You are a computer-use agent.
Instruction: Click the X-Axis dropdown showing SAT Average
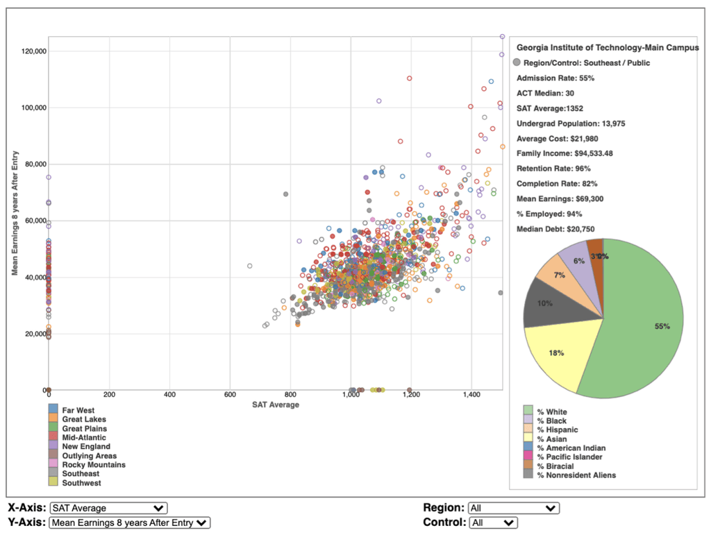pyautogui.click(x=109, y=508)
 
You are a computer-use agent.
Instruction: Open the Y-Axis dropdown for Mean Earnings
pyautogui.click(x=130, y=523)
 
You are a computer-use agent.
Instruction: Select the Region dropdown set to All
pyautogui.click(x=515, y=508)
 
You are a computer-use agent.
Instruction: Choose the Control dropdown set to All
pyautogui.click(x=494, y=523)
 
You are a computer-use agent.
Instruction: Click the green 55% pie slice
pyautogui.click(x=644, y=326)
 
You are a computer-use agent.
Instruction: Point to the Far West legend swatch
pyautogui.click(x=53, y=409)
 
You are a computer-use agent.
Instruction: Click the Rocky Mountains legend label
pyautogui.click(x=94, y=465)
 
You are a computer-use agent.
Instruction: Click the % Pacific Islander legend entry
pyautogui.click(x=569, y=457)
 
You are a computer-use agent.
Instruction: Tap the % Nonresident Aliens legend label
pyautogui.click(x=576, y=475)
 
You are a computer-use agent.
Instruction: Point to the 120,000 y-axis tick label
pyautogui.click(x=34, y=51)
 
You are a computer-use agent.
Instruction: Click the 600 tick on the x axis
pyautogui.click(x=230, y=395)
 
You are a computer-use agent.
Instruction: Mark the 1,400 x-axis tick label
pyautogui.click(x=471, y=395)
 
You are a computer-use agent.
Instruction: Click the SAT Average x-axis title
pyautogui.click(x=276, y=405)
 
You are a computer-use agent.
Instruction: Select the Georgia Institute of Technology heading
pyautogui.click(x=608, y=48)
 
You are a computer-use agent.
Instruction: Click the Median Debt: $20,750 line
pyautogui.click(x=555, y=229)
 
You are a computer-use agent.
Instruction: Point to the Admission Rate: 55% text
pyautogui.click(x=555, y=78)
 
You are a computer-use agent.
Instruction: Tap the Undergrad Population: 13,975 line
pyautogui.click(x=571, y=124)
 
